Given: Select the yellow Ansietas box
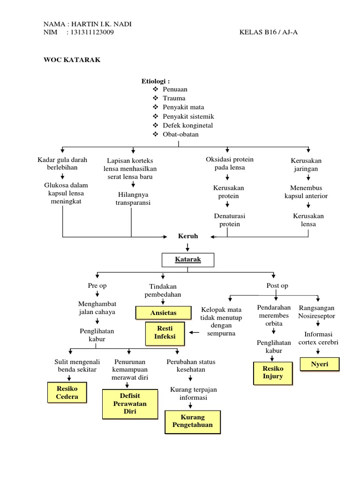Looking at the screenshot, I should (x=163, y=312).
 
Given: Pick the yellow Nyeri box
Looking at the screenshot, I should (x=320, y=364).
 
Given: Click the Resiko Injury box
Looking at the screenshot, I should (x=273, y=373).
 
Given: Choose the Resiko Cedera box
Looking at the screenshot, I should (x=67, y=393).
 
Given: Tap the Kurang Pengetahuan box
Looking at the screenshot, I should (x=192, y=421).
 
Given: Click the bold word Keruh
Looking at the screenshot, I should (x=188, y=236).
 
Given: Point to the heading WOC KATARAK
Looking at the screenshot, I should (x=72, y=60).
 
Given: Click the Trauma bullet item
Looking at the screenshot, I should (x=174, y=98).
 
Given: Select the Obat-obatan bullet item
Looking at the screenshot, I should (x=180, y=134).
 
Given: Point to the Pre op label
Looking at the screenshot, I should (x=97, y=285).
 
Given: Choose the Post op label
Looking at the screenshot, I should (x=277, y=285).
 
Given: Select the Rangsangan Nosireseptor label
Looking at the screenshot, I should (x=317, y=312).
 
